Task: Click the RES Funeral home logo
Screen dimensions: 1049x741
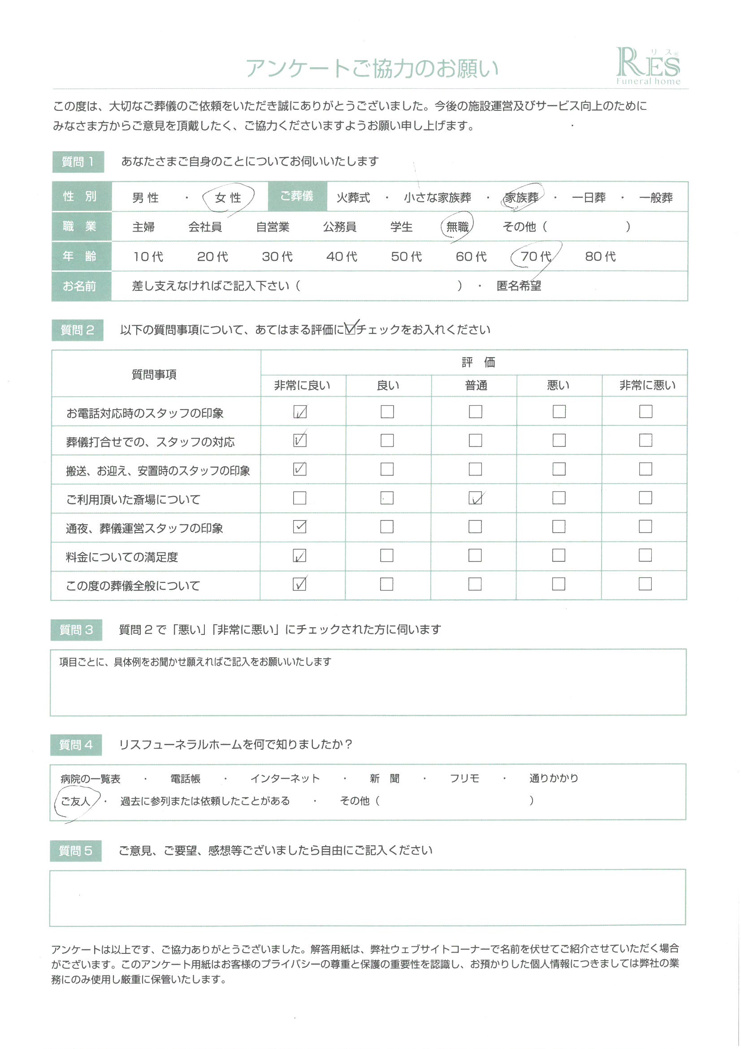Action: point(648,67)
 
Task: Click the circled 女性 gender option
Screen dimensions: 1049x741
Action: point(228,198)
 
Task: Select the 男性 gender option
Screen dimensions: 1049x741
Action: point(146,198)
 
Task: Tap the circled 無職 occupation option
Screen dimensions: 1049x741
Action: point(457,227)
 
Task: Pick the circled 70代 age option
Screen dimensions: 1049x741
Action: point(536,256)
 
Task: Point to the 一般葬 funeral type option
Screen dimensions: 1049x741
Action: point(656,198)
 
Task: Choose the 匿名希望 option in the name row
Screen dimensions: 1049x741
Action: point(519,286)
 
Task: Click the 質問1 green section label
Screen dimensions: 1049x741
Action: point(78,162)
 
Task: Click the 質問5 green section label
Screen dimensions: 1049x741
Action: point(76,851)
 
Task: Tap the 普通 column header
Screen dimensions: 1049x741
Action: point(476,385)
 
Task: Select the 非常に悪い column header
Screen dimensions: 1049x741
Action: point(647,385)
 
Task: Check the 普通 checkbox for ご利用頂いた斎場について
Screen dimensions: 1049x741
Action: point(475,498)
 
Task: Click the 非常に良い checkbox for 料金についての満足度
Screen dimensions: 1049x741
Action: point(299,555)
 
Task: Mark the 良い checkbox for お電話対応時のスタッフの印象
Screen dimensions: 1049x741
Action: point(387,411)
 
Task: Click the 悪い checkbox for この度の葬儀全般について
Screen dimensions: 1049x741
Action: point(559,584)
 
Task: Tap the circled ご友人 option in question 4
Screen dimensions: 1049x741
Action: point(75,801)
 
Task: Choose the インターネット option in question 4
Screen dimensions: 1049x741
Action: point(285,778)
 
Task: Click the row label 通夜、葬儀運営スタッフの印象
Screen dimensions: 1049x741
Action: point(144,529)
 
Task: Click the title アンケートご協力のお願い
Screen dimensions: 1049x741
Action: point(372,69)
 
